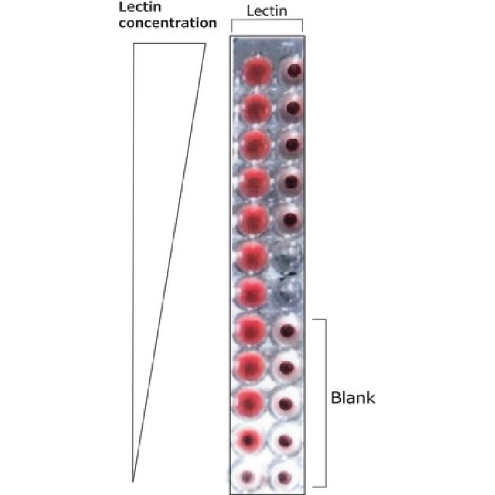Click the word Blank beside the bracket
(353, 398)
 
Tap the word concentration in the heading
(168, 23)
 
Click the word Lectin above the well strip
(267, 11)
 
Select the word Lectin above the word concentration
(140, 7)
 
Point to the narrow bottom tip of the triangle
(133, 482)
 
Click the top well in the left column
(257, 72)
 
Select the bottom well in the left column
(247, 476)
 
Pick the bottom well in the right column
(284, 476)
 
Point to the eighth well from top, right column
(286, 331)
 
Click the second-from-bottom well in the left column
(249, 439)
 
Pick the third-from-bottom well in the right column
(285, 405)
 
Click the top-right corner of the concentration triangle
(206, 43)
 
